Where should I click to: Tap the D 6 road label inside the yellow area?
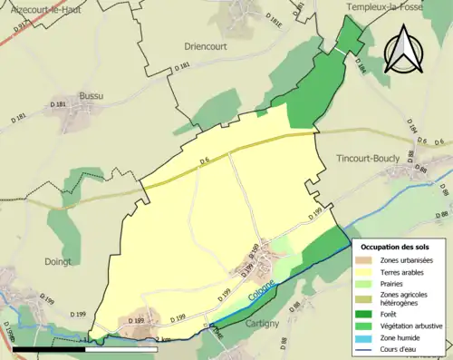click(204, 162)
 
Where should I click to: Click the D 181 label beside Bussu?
click(60, 105)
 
